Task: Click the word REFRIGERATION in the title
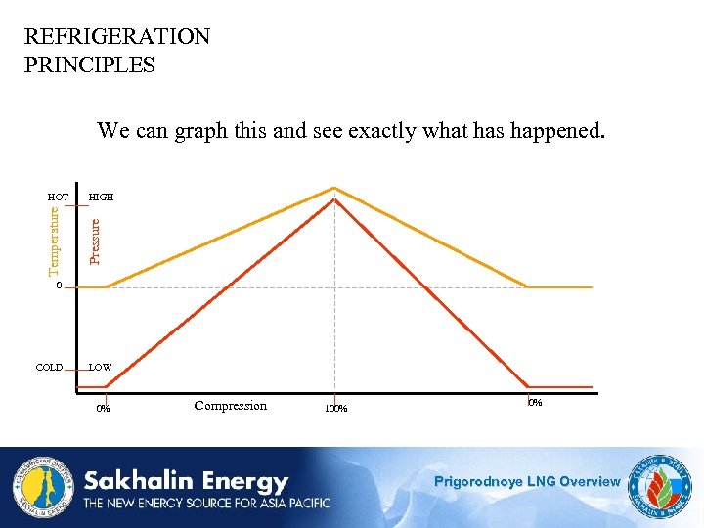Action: pos(117,37)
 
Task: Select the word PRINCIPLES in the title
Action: pos(90,66)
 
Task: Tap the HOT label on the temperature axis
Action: pos(58,198)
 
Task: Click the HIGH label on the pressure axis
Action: pos(101,198)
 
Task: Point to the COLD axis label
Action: pos(49,368)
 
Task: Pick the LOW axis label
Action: pos(101,368)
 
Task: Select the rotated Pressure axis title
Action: pos(95,241)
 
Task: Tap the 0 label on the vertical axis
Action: pos(59,286)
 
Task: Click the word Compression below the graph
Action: pos(231,406)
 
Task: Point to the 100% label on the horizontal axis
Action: pos(335,409)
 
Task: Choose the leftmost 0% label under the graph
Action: pos(103,409)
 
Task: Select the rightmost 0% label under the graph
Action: pos(535,403)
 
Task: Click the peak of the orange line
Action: pos(335,187)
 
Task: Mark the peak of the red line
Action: pos(335,199)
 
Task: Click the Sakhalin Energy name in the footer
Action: pos(186,481)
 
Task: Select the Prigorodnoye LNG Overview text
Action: pos(527,481)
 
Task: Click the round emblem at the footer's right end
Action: pos(661,486)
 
